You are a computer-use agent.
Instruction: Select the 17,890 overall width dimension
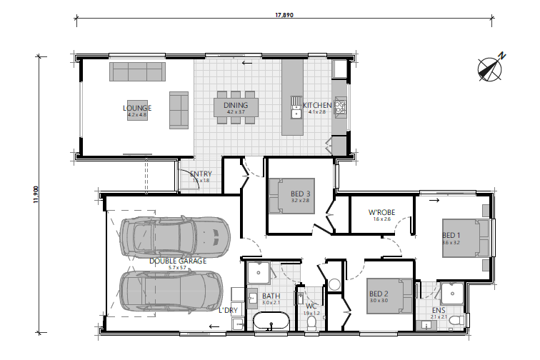(x=284, y=14)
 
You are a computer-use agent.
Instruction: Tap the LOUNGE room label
(x=137, y=108)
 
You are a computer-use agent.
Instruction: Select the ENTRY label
(x=201, y=174)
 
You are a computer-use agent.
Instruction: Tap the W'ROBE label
(x=381, y=212)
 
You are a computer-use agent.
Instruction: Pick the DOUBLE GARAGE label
(x=178, y=261)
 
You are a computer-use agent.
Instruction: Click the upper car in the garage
(x=175, y=235)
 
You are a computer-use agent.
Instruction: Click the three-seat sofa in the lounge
(x=137, y=71)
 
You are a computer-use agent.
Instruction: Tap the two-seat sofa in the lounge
(x=179, y=109)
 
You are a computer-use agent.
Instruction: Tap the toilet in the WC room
(x=311, y=324)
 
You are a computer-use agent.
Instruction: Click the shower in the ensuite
(x=451, y=294)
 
